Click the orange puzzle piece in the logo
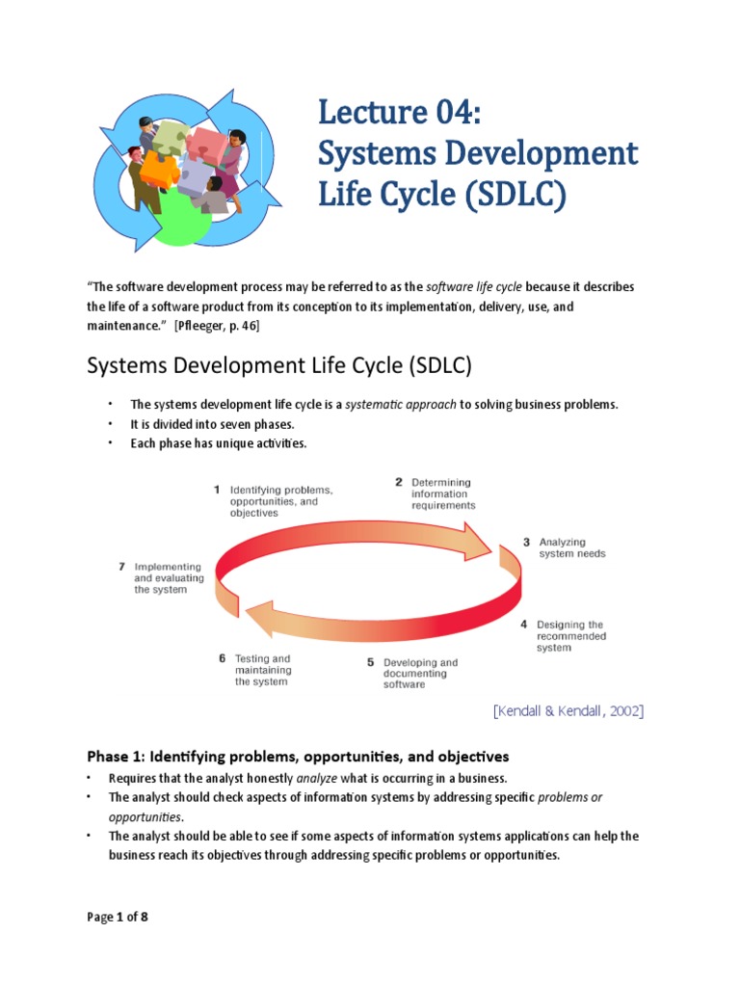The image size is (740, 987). coord(159,170)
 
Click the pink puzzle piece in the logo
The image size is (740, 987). coord(208,147)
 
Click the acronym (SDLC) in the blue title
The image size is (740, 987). coord(516,195)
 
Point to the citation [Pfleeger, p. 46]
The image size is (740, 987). coord(217,326)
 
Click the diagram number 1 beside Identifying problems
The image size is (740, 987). coord(217,490)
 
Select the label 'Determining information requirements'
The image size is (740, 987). coord(443,493)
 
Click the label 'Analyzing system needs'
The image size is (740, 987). coord(572,547)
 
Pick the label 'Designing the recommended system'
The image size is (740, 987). coord(571,636)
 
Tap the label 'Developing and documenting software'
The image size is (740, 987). coord(420,674)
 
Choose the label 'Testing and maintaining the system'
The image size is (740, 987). coord(263,670)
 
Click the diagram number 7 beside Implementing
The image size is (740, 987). coord(122,567)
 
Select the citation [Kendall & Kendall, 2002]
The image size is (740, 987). coord(568,710)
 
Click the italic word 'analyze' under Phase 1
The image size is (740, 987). coord(316,778)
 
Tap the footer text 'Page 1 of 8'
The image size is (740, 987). coord(118,917)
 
